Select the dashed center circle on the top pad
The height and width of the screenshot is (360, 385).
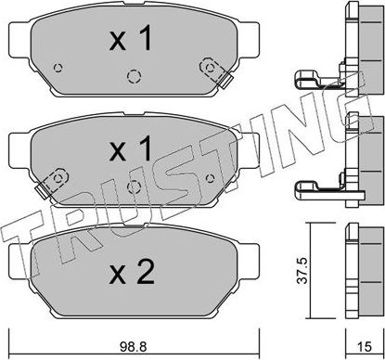tap(133, 77)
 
